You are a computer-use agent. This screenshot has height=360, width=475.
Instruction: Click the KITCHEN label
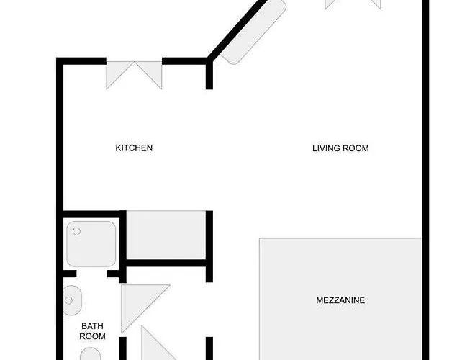pyautogui.click(x=134, y=148)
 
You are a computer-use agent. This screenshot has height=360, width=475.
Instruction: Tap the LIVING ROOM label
pyautogui.click(x=340, y=148)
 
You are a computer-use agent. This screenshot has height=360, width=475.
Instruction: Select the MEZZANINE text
pyautogui.click(x=340, y=300)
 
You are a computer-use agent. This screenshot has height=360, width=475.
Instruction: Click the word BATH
pyautogui.click(x=92, y=326)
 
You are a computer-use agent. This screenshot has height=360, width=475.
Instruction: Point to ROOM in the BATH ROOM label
pyautogui.click(x=92, y=336)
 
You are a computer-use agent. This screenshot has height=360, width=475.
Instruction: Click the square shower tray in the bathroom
pyautogui.click(x=91, y=244)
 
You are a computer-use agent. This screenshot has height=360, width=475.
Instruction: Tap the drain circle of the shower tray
pyautogui.click(x=76, y=232)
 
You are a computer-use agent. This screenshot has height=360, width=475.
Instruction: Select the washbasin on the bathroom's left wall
pyautogui.click(x=72, y=300)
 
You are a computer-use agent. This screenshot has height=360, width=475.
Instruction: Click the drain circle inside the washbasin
pyautogui.click(x=69, y=300)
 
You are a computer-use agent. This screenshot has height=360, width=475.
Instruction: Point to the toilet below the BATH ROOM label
pyautogui.click(x=91, y=354)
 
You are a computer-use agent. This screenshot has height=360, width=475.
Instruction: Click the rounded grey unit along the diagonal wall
pyautogui.click(x=253, y=32)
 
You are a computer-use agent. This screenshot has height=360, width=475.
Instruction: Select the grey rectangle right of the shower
pyautogui.click(x=166, y=235)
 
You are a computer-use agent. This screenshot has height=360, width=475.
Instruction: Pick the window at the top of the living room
pyautogui.click(x=353, y=4)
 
